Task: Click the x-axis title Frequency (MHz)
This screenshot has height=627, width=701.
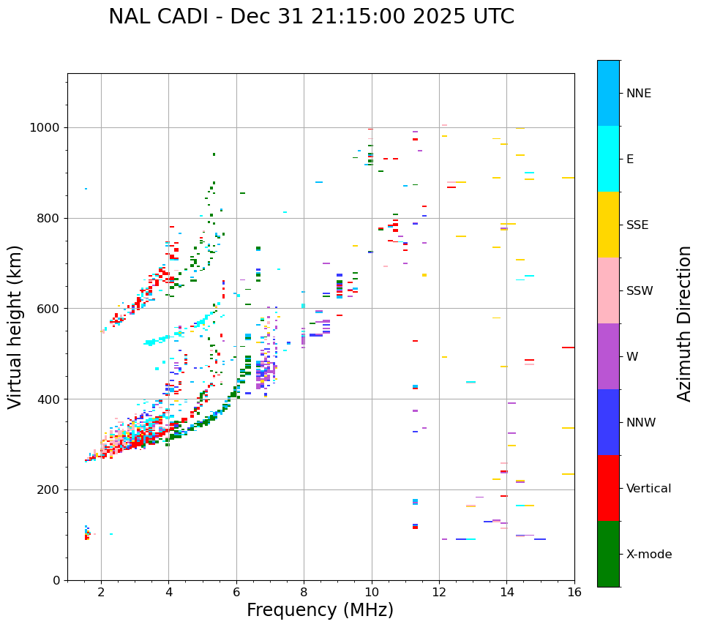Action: (320, 610)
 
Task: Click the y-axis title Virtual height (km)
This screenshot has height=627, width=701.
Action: (15, 327)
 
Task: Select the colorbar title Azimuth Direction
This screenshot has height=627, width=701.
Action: (684, 323)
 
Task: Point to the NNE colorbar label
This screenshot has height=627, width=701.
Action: (638, 94)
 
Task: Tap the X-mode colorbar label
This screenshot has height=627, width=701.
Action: (648, 555)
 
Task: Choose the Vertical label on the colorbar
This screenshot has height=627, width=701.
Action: (648, 489)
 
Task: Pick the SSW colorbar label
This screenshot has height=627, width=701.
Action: (640, 291)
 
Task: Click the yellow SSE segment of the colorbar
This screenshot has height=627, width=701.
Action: (608, 225)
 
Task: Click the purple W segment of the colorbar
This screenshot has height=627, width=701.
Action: (608, 356)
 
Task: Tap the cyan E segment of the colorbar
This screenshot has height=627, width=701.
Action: (608, 159)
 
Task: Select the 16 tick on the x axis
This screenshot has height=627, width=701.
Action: (574, 592)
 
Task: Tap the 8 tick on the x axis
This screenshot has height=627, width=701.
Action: (304, 592)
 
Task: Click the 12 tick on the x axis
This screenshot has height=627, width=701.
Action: (439, 592)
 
